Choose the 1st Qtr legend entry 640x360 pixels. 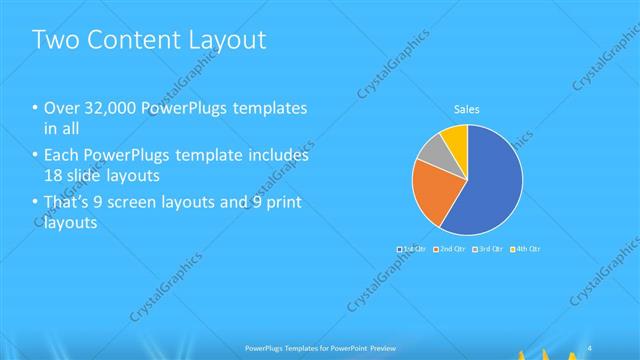pos(412,247)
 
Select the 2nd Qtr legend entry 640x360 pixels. pos(449,247)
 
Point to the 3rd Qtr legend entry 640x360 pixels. pos(487,247)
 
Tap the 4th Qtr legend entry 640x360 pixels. pos(525,247)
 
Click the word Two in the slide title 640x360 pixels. pos(54,40)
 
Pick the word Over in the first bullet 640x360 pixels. pos(60,109)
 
